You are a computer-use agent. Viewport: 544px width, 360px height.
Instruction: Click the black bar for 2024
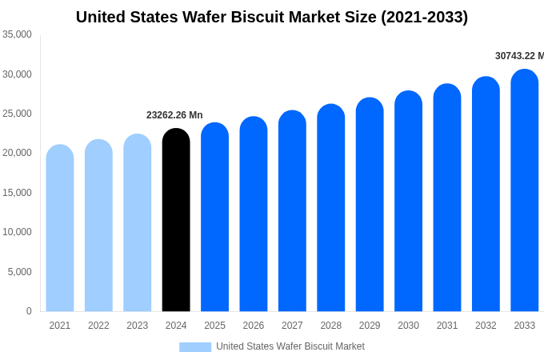click(176, 220)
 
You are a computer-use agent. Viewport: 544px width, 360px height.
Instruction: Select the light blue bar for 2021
click(60, 228)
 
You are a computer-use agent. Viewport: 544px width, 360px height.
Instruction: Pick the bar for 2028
click(330, 208)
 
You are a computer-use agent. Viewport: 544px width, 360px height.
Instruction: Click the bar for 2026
click(254, 214)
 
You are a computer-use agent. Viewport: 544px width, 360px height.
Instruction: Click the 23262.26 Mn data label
click(174, 115)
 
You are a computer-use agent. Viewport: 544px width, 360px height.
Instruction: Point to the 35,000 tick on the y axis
click(17, 34)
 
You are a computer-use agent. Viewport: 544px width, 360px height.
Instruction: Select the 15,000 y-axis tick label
click(17, 193)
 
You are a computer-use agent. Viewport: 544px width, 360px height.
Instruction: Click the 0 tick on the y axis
click(29, 311)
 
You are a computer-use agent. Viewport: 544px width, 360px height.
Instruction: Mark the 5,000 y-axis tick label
click(20, 272)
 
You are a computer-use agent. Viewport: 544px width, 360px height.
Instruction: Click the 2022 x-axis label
click(98, 326)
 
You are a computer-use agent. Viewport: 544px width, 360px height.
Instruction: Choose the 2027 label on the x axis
click(292, 326)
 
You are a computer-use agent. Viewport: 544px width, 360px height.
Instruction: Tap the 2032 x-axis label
click(486, 326)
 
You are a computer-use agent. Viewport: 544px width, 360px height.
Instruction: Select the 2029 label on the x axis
click(370, 326)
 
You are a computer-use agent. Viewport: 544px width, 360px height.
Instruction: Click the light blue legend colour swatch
click(195, 347)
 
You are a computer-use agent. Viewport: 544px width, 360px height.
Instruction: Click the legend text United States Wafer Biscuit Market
click(290, 346)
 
